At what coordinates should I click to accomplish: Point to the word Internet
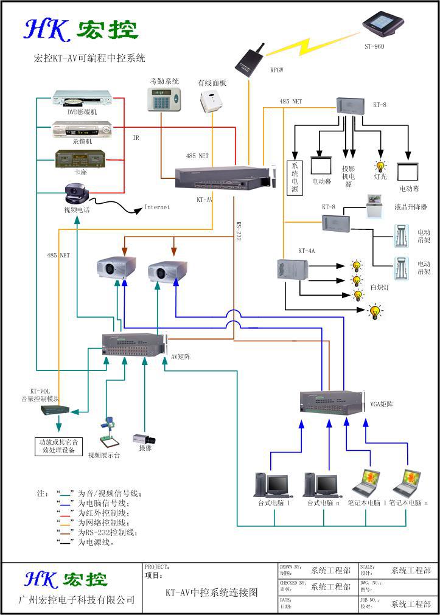pyautogui.click(x=156, y=207)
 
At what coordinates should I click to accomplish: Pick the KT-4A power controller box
pyautogui.click(x=292, y=269)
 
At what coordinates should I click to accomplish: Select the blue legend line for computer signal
pyautogui.click(x=66, y=503)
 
